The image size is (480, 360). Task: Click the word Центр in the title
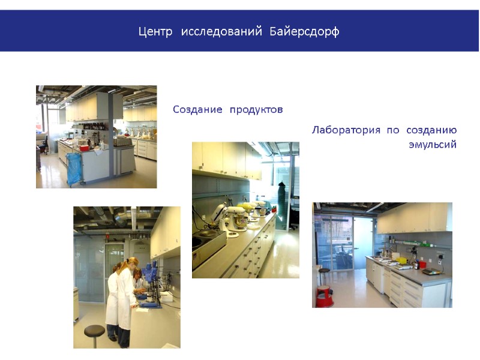click(155, 31)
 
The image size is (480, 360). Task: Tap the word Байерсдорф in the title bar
click(304, 31)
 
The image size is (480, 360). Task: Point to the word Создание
click(197, 110)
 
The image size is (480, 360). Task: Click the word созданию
click(431, 130)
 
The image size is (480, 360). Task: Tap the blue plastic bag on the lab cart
click(74, 167)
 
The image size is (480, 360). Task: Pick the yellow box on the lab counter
click(403, 261)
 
